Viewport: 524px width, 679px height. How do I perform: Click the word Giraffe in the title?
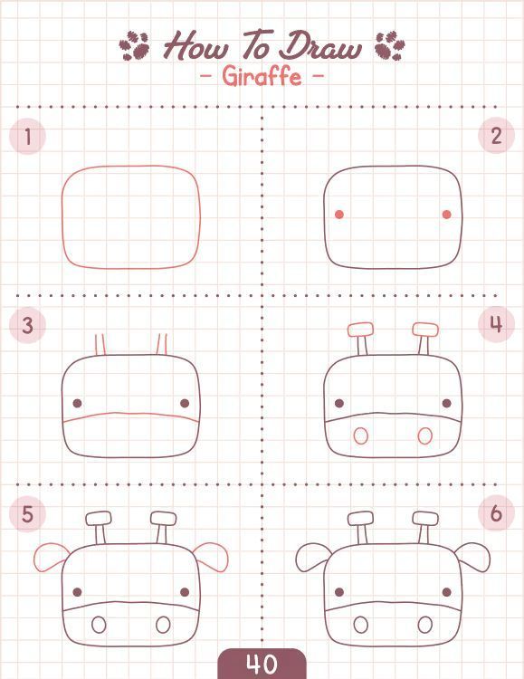pyautogui.click(x=262, y=77)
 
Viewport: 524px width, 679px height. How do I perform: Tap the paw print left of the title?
pyautogui.click(x=134, y=45)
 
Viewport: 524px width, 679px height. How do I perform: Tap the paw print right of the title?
pyautogui.click(x=390, y=45)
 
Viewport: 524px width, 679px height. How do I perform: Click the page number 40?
pyautogui.click(x=262, y=664)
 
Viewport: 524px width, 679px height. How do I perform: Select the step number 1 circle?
pyautogui.click(x=27, y=137)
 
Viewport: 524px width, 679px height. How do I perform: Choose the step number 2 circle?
pyautogui.click(x=496, y=136)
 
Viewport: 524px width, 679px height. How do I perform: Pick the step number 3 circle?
pyautogui.click(x=27, y=325)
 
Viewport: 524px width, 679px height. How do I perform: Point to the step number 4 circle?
pyautogui.click(x=496, y=324)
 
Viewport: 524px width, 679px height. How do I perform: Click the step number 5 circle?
pyautogui.click(x=27, y=514)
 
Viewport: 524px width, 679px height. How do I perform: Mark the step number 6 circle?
pyautogui.click(x=496, y=513)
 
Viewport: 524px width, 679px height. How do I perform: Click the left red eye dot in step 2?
pyautogui.click(x=339, y=215)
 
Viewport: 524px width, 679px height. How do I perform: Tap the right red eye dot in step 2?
pyautogui.click(x=447, y=215)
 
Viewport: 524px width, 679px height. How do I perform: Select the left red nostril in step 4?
pyautogui.click(x=361, y=436)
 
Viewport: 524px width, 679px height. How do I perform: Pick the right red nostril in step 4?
pyautogui.click(x=425, y=436)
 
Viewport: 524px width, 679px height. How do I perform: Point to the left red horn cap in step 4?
pyautogui.click(x=360, y=330)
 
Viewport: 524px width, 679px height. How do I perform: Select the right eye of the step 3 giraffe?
pyautogui.click(x=185, y=404)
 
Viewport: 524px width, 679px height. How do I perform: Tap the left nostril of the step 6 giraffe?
pyautogui.click(x=361, y=625)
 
